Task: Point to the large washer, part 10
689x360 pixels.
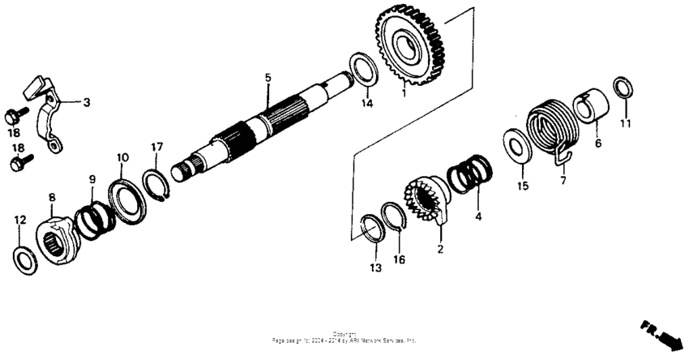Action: [128, 198]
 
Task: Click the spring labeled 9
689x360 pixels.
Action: [95, 219]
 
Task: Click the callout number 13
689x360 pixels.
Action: [374, 268]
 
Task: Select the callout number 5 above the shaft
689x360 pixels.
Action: [267, 78]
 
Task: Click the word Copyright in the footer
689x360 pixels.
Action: [344, 333]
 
